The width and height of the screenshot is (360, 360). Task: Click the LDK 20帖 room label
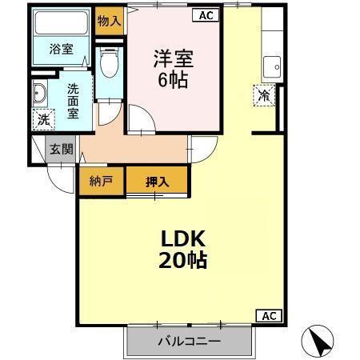click(186, 249)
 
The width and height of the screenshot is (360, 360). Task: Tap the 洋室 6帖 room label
click(173, 70)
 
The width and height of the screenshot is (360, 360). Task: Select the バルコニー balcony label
click(189, 342)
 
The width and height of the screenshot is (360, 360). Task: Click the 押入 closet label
click(157, 182)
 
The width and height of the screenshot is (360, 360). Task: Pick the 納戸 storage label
click(101, 182)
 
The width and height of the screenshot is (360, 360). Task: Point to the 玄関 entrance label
click(60, 149)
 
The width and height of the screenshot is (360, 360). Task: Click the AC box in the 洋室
click(204, 15)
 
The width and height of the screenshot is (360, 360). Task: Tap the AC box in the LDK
click(268, 315)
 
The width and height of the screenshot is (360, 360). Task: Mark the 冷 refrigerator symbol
click(265, 95)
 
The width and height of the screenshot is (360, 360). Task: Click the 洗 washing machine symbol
click(43, 120)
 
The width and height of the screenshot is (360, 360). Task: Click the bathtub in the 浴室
click(62, 24)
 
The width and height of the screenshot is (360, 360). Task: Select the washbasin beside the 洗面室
click(40, 94)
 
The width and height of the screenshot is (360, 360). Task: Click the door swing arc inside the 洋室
click(139, 124)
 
